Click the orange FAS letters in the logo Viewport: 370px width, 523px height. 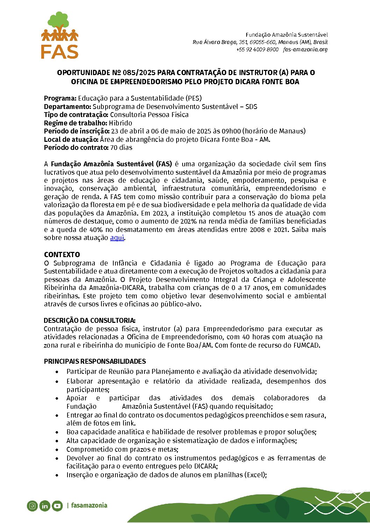click(x=59, y=51)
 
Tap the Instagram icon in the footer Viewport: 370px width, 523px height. click(x=32, y=506)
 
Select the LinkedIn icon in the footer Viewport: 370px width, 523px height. click(x=45, y=506)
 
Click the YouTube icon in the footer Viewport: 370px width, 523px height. click(x=57, y=506)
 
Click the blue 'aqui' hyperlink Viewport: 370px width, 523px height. click(x=117, y=238)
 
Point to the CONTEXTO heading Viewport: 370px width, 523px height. click(x=62, y=255)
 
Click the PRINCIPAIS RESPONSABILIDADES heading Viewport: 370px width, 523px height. click(x=95, y=361)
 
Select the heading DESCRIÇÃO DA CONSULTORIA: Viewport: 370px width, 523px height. click(x=90, y=320)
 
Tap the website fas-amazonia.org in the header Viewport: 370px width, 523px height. click(x=305, y=50)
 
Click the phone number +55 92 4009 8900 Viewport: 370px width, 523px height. click(x=257, y=50)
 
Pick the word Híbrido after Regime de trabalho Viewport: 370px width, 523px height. click(x=121, y=123)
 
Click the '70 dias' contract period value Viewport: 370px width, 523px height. click(x=121, y=147)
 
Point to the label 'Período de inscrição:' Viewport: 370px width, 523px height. click(x=77, y=131)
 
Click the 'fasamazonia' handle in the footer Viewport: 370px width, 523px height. click(x=89, y=506)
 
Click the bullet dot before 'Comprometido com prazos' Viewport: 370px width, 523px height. click(x=57, y=450)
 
